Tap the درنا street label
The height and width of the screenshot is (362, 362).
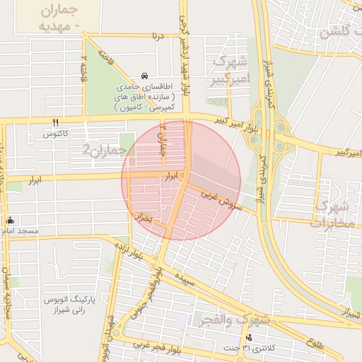(160, 35)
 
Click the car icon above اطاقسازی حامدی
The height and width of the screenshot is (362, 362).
(144, 76)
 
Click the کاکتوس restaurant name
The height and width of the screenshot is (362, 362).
(55, 134)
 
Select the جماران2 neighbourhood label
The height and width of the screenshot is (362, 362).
(104, 149)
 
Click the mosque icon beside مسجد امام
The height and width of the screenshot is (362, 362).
(10, 220)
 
